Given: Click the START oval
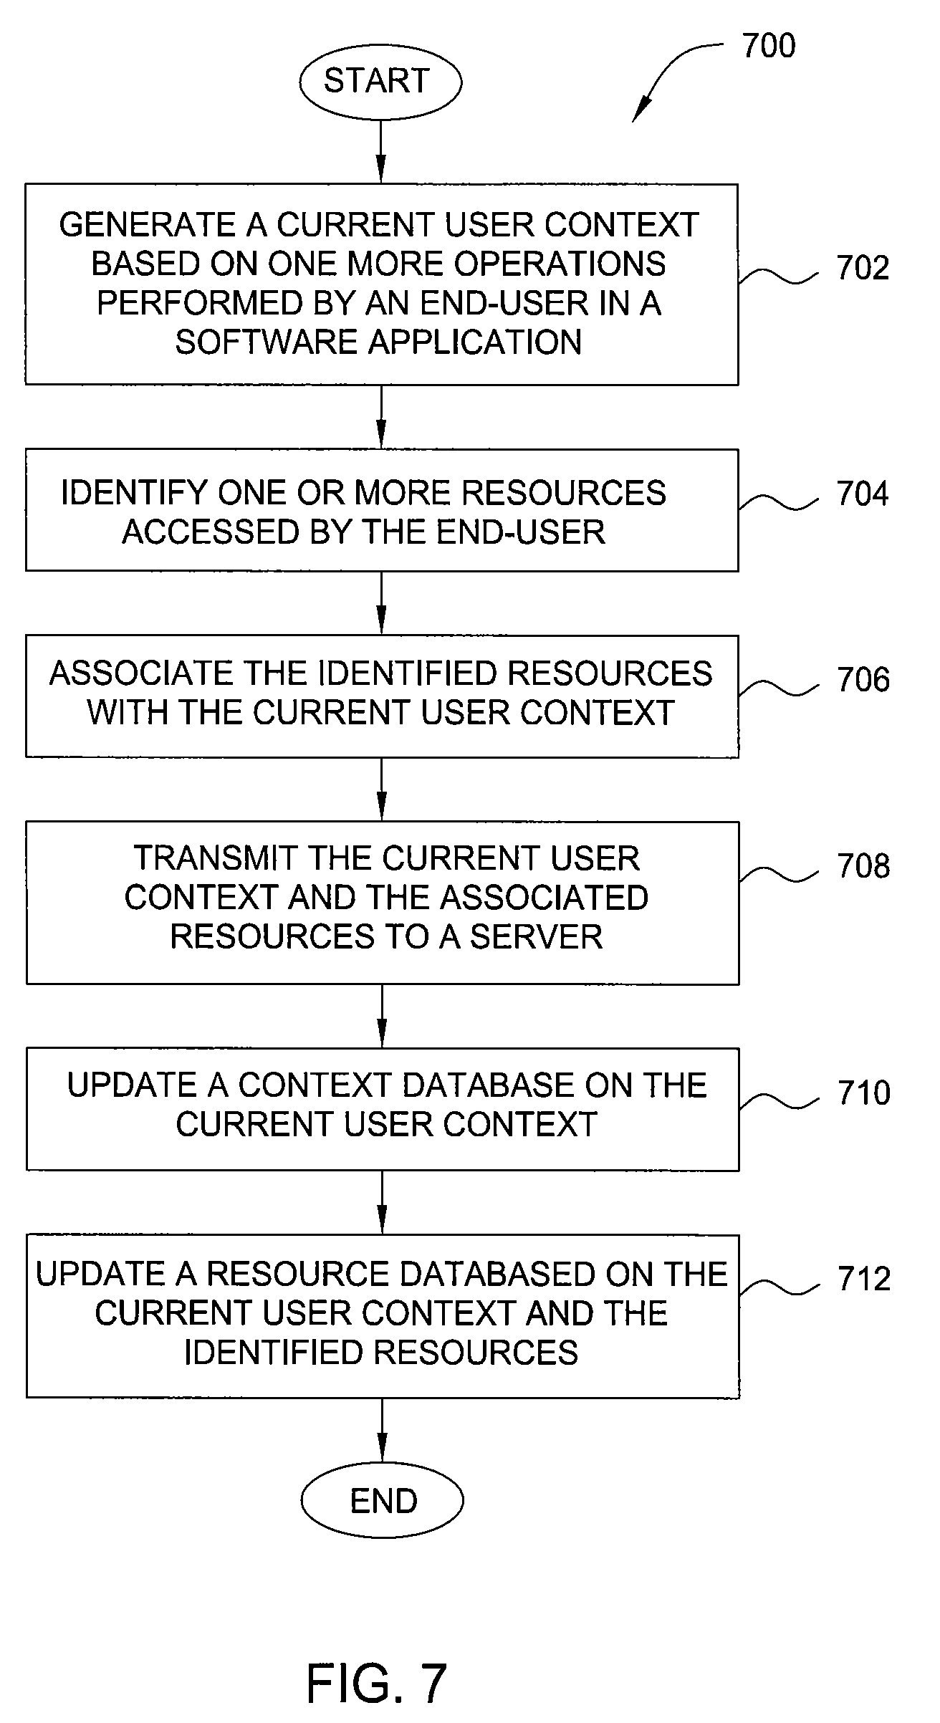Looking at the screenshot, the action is click(x=380, y=81).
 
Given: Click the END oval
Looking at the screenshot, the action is click(x=382, y=1500).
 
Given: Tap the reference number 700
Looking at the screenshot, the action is click(x=769, y=46).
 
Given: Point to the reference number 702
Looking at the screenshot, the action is click(x=863, y=268).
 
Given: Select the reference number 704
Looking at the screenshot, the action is click(x=863, y=494).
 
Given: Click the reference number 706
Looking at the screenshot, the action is click(x=863, y=680).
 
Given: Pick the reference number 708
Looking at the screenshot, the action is click(x=863, y=866).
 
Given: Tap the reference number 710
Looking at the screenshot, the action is click(x=864, y=1093).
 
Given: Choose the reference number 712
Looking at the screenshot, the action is click(x=864, y=1279).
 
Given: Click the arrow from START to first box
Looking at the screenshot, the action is click(x=380, y=151).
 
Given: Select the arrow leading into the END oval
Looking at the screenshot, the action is click(x=382, y=1430).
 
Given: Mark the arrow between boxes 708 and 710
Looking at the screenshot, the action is click(x=382, y=1016).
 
